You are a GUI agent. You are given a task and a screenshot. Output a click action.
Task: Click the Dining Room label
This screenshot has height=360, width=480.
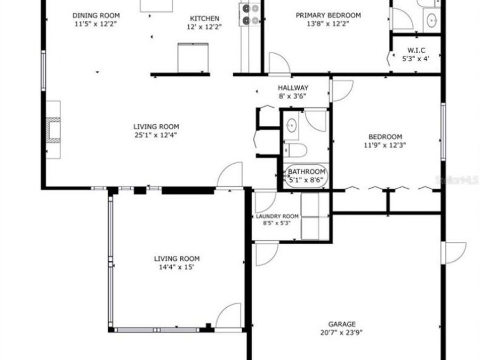click(96, 15)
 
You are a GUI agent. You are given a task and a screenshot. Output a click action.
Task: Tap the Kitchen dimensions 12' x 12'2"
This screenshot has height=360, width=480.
click(204, 27)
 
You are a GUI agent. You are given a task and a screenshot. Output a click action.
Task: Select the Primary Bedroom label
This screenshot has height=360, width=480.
click(328, 15)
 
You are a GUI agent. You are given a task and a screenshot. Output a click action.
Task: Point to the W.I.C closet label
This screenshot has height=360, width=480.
click(415, 51)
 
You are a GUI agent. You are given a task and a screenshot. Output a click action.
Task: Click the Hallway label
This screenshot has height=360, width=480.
click(293, 88)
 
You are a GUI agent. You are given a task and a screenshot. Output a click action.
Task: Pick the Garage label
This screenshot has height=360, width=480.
click(341, 324)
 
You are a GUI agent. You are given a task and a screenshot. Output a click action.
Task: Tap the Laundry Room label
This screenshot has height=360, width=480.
click(277, 216)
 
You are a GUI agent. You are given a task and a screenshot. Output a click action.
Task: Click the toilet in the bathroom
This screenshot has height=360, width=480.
click(295, 150)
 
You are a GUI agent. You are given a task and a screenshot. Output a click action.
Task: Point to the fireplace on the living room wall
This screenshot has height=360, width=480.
click(53, 130)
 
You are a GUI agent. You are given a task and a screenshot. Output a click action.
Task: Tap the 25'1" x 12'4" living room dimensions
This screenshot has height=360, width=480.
click(156, 135)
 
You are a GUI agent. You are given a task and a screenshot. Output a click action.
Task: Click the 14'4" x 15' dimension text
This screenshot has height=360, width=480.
click(178, 267)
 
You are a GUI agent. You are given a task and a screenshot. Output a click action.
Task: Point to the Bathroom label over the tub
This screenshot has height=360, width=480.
click(307, 172)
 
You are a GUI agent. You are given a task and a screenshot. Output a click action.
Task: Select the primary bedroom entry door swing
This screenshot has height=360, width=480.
click(278, 62)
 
